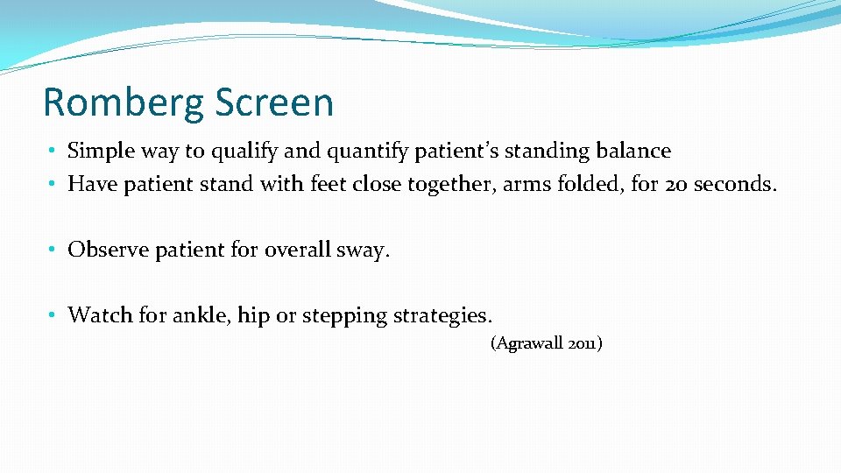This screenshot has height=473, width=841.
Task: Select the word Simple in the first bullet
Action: tap(97, 152)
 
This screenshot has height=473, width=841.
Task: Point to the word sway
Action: tap(364, 251)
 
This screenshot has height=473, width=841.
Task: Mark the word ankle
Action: tap(204, 314)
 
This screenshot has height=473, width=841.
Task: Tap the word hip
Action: tap(254, 315)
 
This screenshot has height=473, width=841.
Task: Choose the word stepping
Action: tap(343, 315)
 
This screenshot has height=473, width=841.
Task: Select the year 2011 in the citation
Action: tap(583, 344)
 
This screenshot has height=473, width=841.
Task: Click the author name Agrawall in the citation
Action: tap(529, 344)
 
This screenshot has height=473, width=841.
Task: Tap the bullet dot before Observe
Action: tap(54, 251)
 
